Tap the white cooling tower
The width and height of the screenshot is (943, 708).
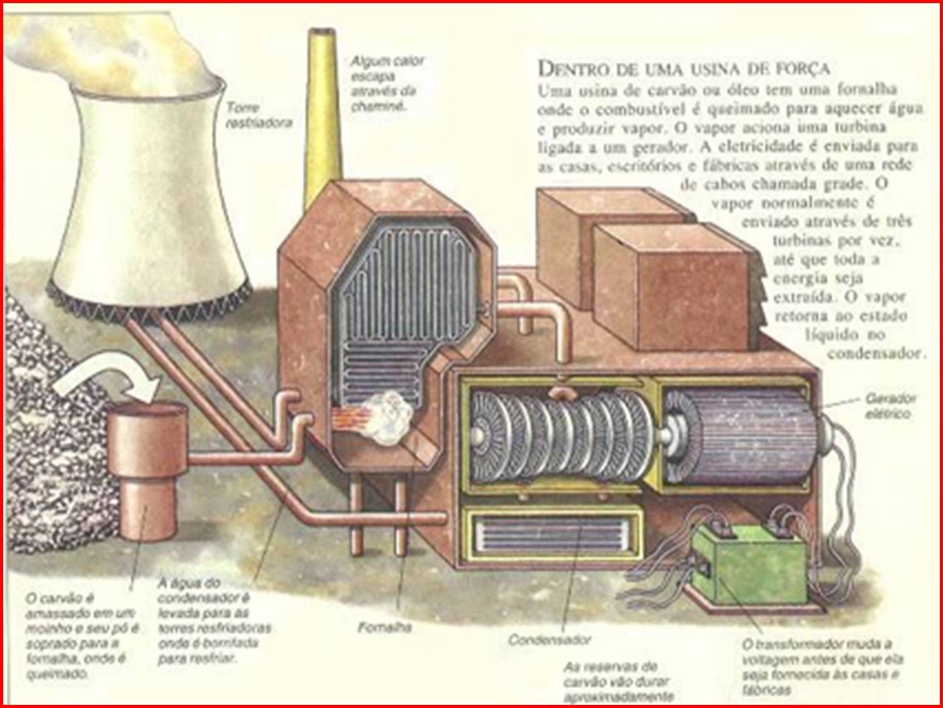click(x=147, y=193)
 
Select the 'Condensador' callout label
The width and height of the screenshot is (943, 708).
click(x=549, y=639)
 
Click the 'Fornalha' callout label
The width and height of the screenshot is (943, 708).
click(x=385, y=627)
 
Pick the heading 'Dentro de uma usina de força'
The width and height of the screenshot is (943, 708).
click(x=683, y=67)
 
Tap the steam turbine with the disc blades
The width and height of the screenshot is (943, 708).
click(x=562, y=437)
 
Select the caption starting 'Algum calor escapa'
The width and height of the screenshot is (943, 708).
click(x=386, y=84)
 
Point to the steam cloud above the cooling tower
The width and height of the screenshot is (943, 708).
click(x=106, y=50)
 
